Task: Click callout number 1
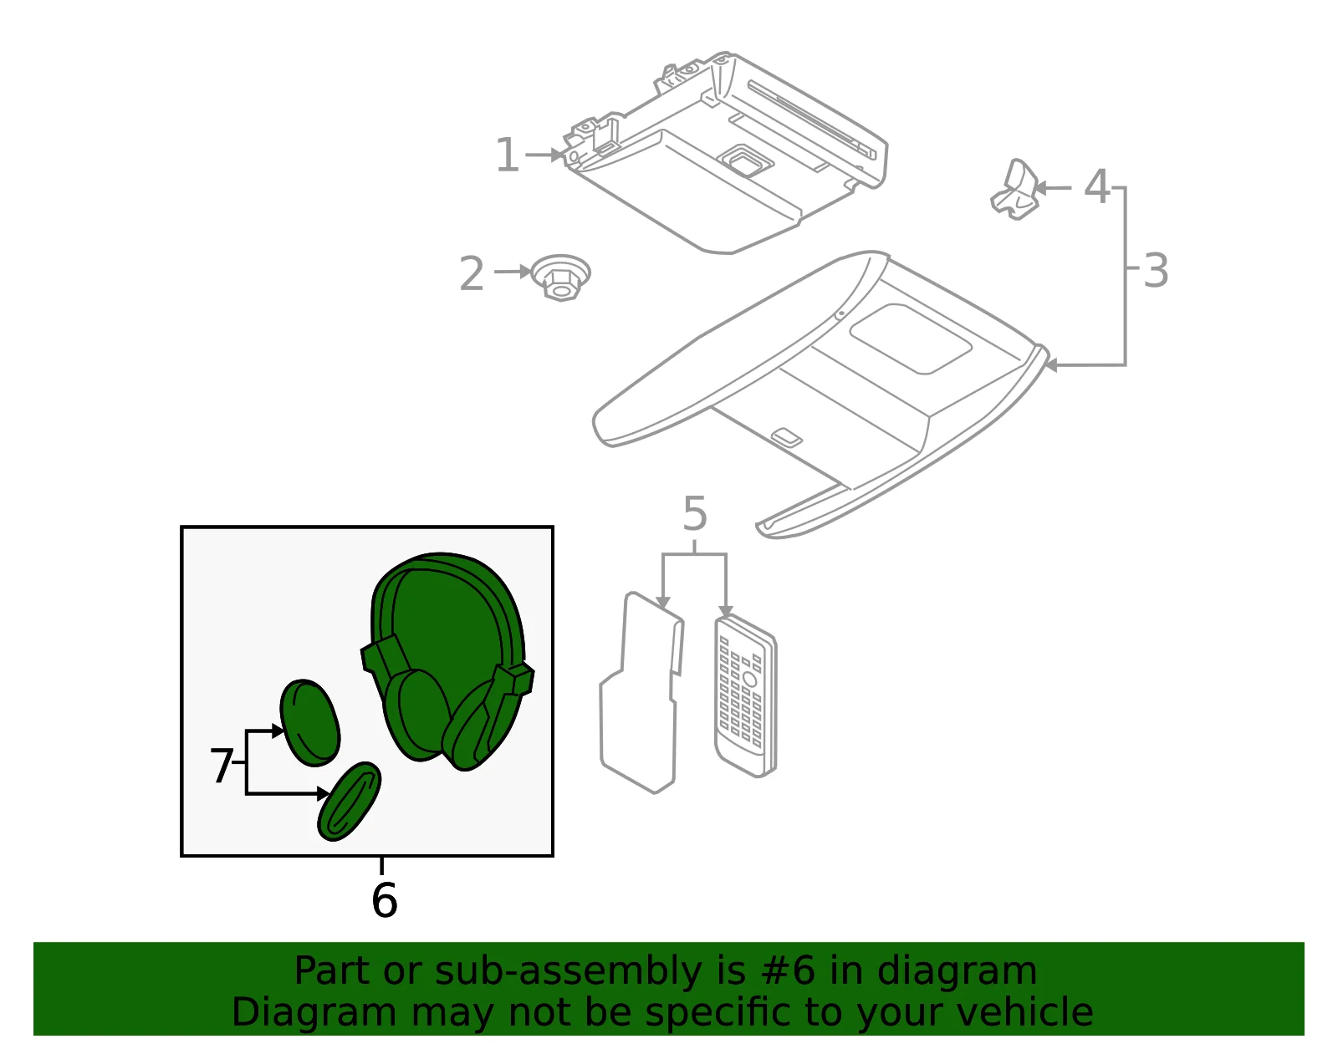pyautogui.click(x=508, y=155)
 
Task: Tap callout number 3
pyautogui.click(x=1155, y=271)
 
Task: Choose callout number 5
pyautogui.click(x=695, y=513)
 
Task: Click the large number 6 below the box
pyautogui.click(x=385, y=899)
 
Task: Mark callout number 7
pyautogui.click(x=222, y=766)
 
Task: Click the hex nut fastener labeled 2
pyautogui.click(x=561, y=278)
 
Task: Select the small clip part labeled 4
pyautogui.click(x=1014, y=190)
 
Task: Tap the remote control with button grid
pyautogui.click(x=746, y=695)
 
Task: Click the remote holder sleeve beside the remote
pyautogui.click(x=641, y=693)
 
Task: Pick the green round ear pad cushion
pyautogui.click(x=309, y=723)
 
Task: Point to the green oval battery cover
pyautogui.click(x=349, y=801)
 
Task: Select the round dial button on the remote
pyautogui.click(x=749, y=680)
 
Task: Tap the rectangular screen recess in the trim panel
pyautogui.click(x=910, y=339)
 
